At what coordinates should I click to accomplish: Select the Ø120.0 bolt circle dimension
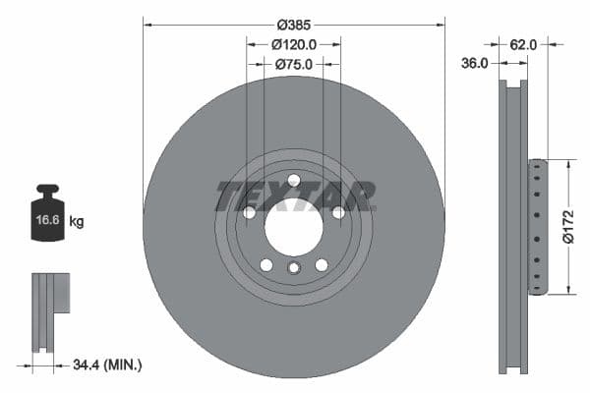[293, 44]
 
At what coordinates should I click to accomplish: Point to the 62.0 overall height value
[523, 44]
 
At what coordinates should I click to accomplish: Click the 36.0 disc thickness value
[475, 64]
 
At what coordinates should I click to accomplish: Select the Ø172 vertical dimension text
[567, 225]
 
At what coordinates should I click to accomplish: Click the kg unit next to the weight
[77, 222]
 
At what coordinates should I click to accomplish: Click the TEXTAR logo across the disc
[294, 196]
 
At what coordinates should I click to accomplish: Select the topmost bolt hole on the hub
[293, 179]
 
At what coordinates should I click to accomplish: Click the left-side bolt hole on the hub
[249, 212]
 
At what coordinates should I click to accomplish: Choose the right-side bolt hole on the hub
[338, 212]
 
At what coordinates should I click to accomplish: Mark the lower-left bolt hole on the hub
[265, 264]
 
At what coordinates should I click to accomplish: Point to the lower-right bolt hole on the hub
[322, 264]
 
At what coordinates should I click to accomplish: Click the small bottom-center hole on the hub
[293, 268]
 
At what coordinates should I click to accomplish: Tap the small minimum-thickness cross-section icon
[52, 310]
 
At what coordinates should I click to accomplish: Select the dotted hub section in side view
[536, 226]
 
